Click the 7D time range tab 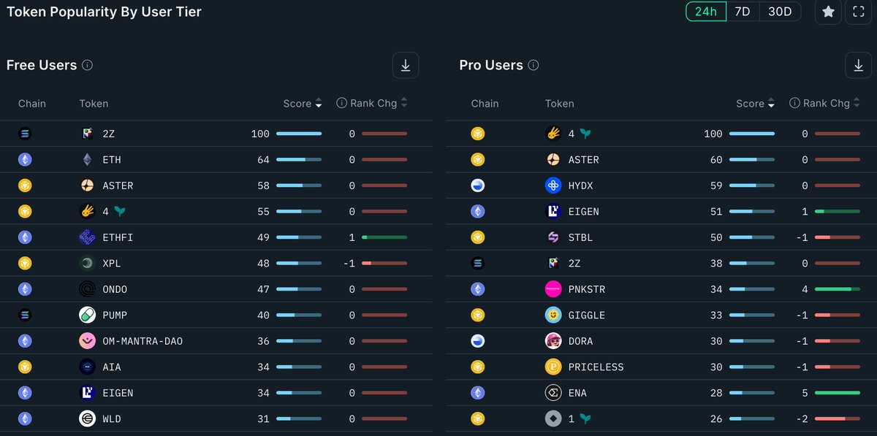[743, 12]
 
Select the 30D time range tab [780, 12]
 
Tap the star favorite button [828, 12]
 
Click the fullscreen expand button [859, 12]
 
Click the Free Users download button [406, 65]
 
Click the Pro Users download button [858, 65]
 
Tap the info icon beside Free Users [88, 65]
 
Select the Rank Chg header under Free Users [373, 104]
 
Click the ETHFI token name [118, 237]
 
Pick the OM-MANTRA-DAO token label [143, 341]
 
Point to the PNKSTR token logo [553, 289]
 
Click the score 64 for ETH [263, 160]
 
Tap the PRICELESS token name [596, 367]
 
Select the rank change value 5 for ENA [805, 393]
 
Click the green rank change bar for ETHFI [384, 237]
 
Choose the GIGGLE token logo [553, 315]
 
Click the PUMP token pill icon [88, 315]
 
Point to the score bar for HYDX [752, 186]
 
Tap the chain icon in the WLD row [25, 418]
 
